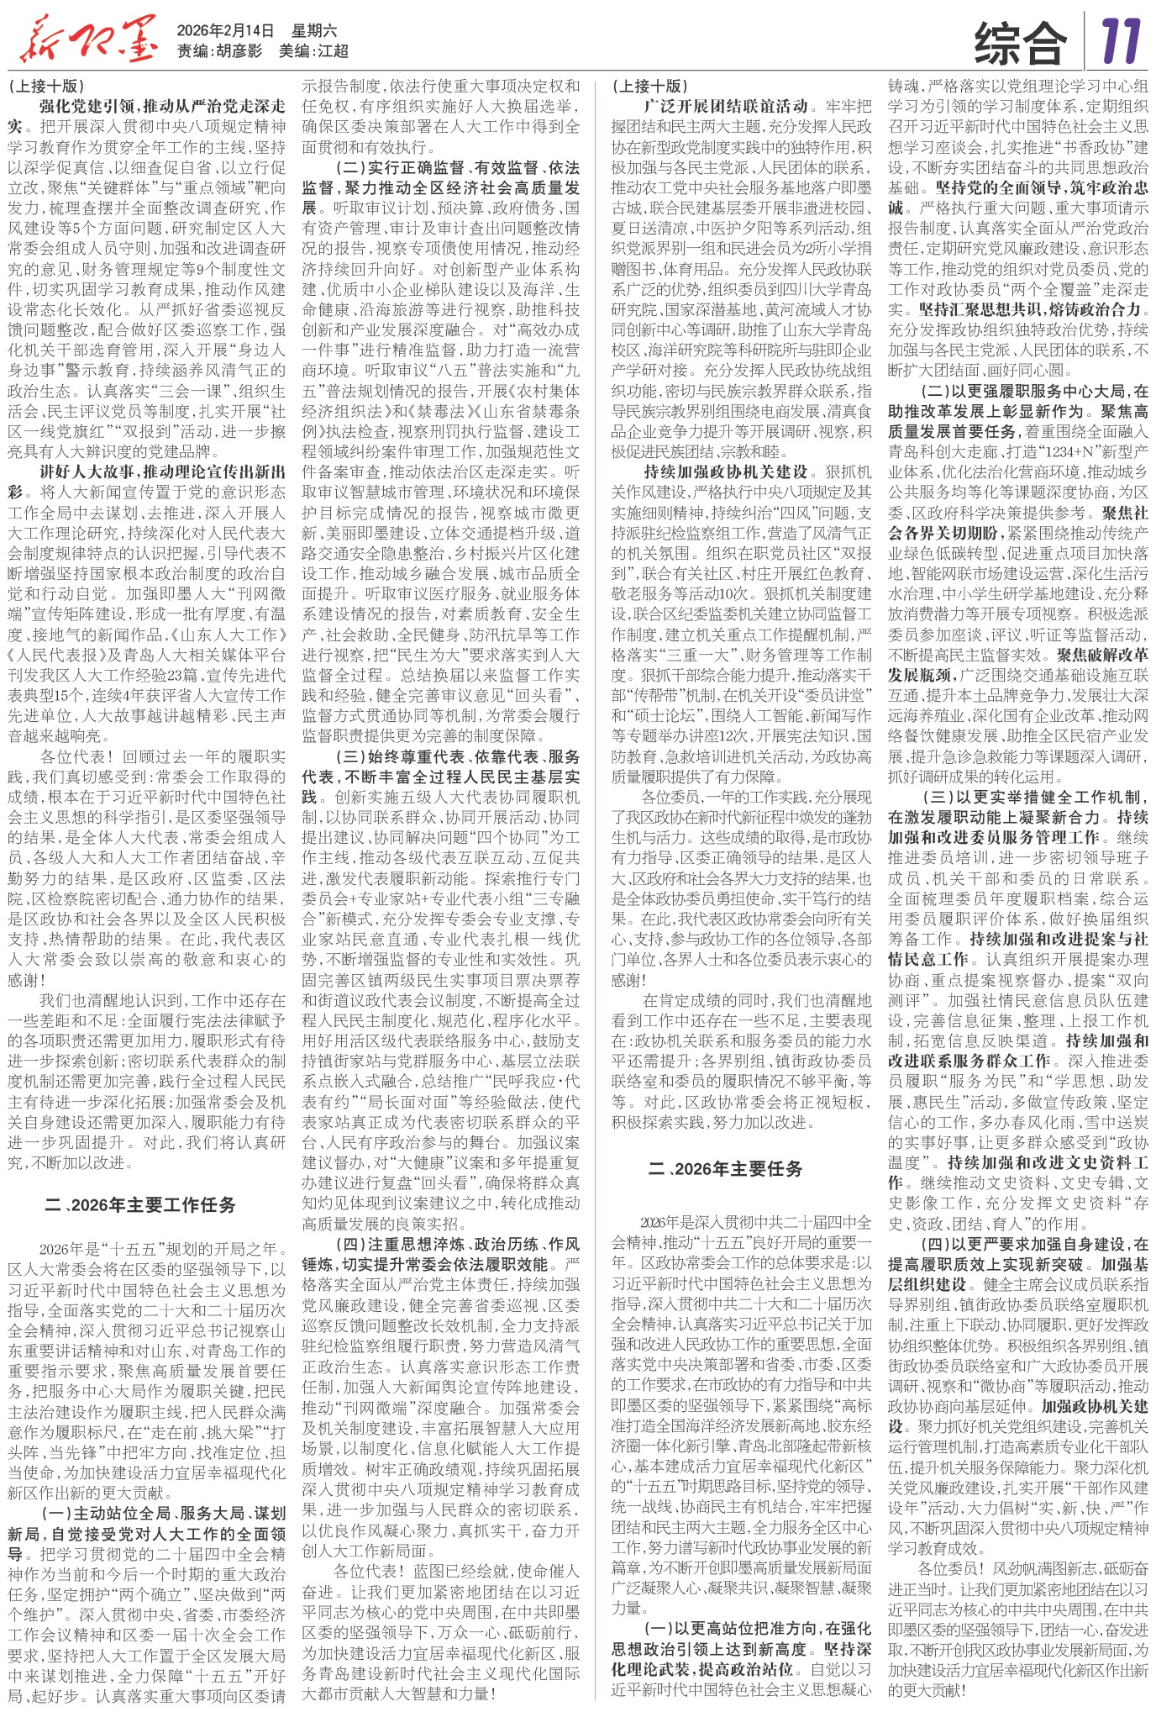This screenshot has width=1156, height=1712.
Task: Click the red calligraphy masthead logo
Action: pos(87,39)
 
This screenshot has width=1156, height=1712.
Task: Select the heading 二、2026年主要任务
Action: pos(726,1168)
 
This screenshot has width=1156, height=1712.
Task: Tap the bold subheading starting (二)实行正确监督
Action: pos(457,167)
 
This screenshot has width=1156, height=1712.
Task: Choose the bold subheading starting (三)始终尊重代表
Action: pos(457,756)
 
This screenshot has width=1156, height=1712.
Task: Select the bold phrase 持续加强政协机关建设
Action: pos(725,471)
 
